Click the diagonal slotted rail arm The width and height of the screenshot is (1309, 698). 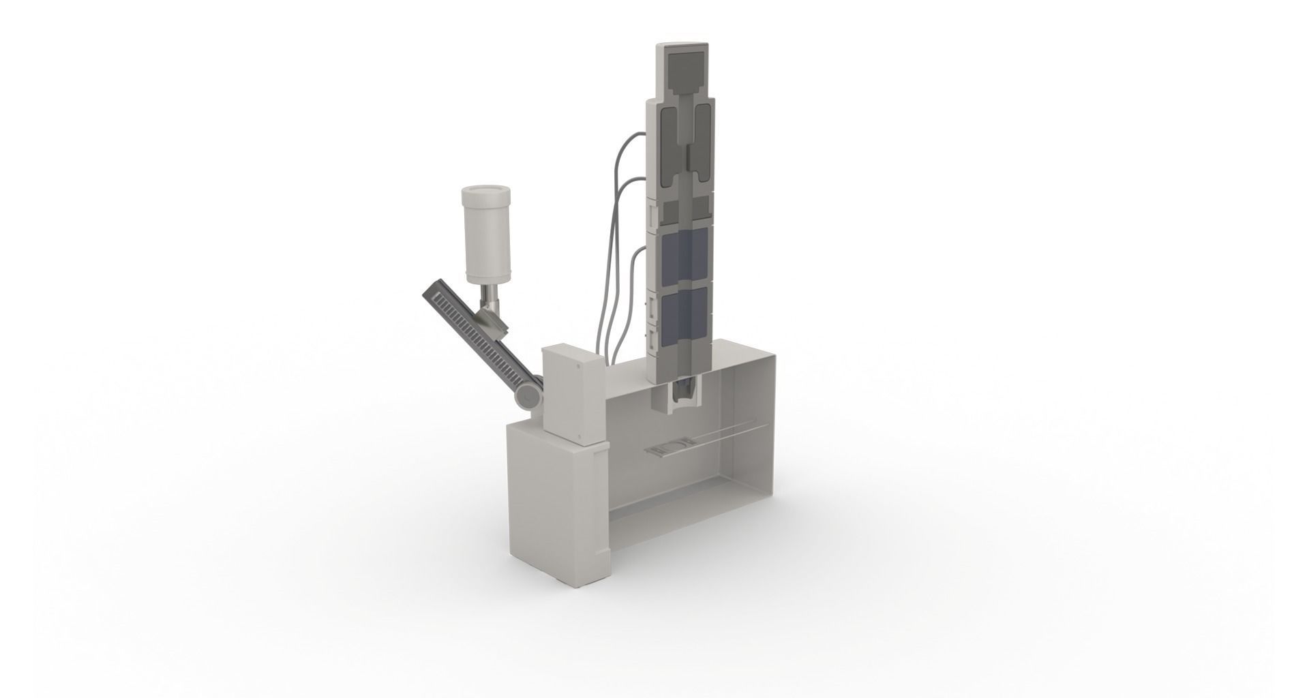click(x=477, y=333)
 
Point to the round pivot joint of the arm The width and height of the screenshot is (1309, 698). click(x=528, y=397)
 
